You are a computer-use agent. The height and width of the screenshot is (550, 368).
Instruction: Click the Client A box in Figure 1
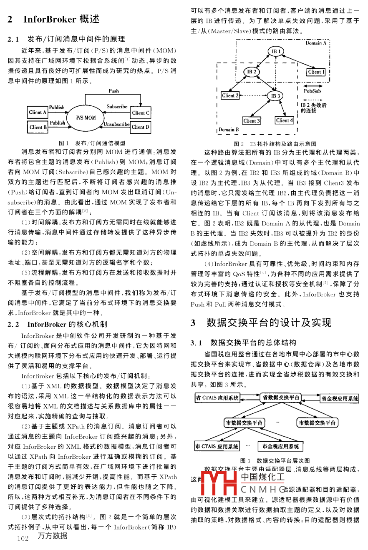pos(38,112)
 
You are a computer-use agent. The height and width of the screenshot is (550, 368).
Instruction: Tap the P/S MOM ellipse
pos(86,118)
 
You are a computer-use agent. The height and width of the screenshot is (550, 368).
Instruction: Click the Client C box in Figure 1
pos(141,112)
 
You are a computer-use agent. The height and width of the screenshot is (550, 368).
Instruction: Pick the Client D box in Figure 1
pos(141,127)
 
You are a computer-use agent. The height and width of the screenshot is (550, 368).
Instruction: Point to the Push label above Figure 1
pos(113,90)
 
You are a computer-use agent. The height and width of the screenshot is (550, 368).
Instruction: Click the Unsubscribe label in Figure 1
pos(116,124)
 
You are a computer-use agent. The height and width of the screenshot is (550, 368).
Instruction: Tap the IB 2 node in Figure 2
pos(252,72)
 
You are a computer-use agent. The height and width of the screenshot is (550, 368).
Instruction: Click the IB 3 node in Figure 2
pos(276,96)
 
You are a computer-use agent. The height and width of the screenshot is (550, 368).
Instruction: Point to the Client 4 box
pos(284,120)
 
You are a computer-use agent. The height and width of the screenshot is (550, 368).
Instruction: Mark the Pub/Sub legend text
pos(312,91)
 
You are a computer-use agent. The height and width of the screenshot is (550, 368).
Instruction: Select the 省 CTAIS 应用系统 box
pos(217,398)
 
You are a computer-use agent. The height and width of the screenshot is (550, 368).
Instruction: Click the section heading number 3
pos(193,322)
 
